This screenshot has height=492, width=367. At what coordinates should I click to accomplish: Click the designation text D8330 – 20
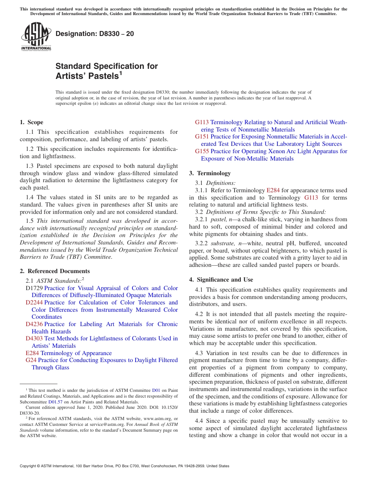pyautogui.click(x=95, y=34)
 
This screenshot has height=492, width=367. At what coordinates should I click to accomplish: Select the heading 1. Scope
pyautogui.click(x=31, y=122)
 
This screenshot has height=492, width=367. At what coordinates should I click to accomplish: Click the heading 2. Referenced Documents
pyautogui.click(x=54, y=271)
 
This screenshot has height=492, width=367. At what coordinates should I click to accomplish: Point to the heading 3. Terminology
pyautogui.click(x=210, y=173)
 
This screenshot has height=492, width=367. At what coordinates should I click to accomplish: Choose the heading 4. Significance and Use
pyautogui.click(x=221, y=280)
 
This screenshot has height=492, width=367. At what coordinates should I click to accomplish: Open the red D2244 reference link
pyautogui.click(x=34, y=302)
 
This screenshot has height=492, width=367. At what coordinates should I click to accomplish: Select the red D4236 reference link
pyautogui.click(x=34, y=324)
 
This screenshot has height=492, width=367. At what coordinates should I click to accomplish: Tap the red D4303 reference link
pyautogui.click(x=34, y=338)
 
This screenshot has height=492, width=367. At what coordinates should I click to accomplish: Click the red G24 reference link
pyautogui.click(x=31, y=360)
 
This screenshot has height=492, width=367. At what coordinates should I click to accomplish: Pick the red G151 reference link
pyautogui.click(x=202, y=137)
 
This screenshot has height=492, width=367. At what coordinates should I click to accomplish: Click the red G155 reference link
pyautogui.click(x=202, y=151)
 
